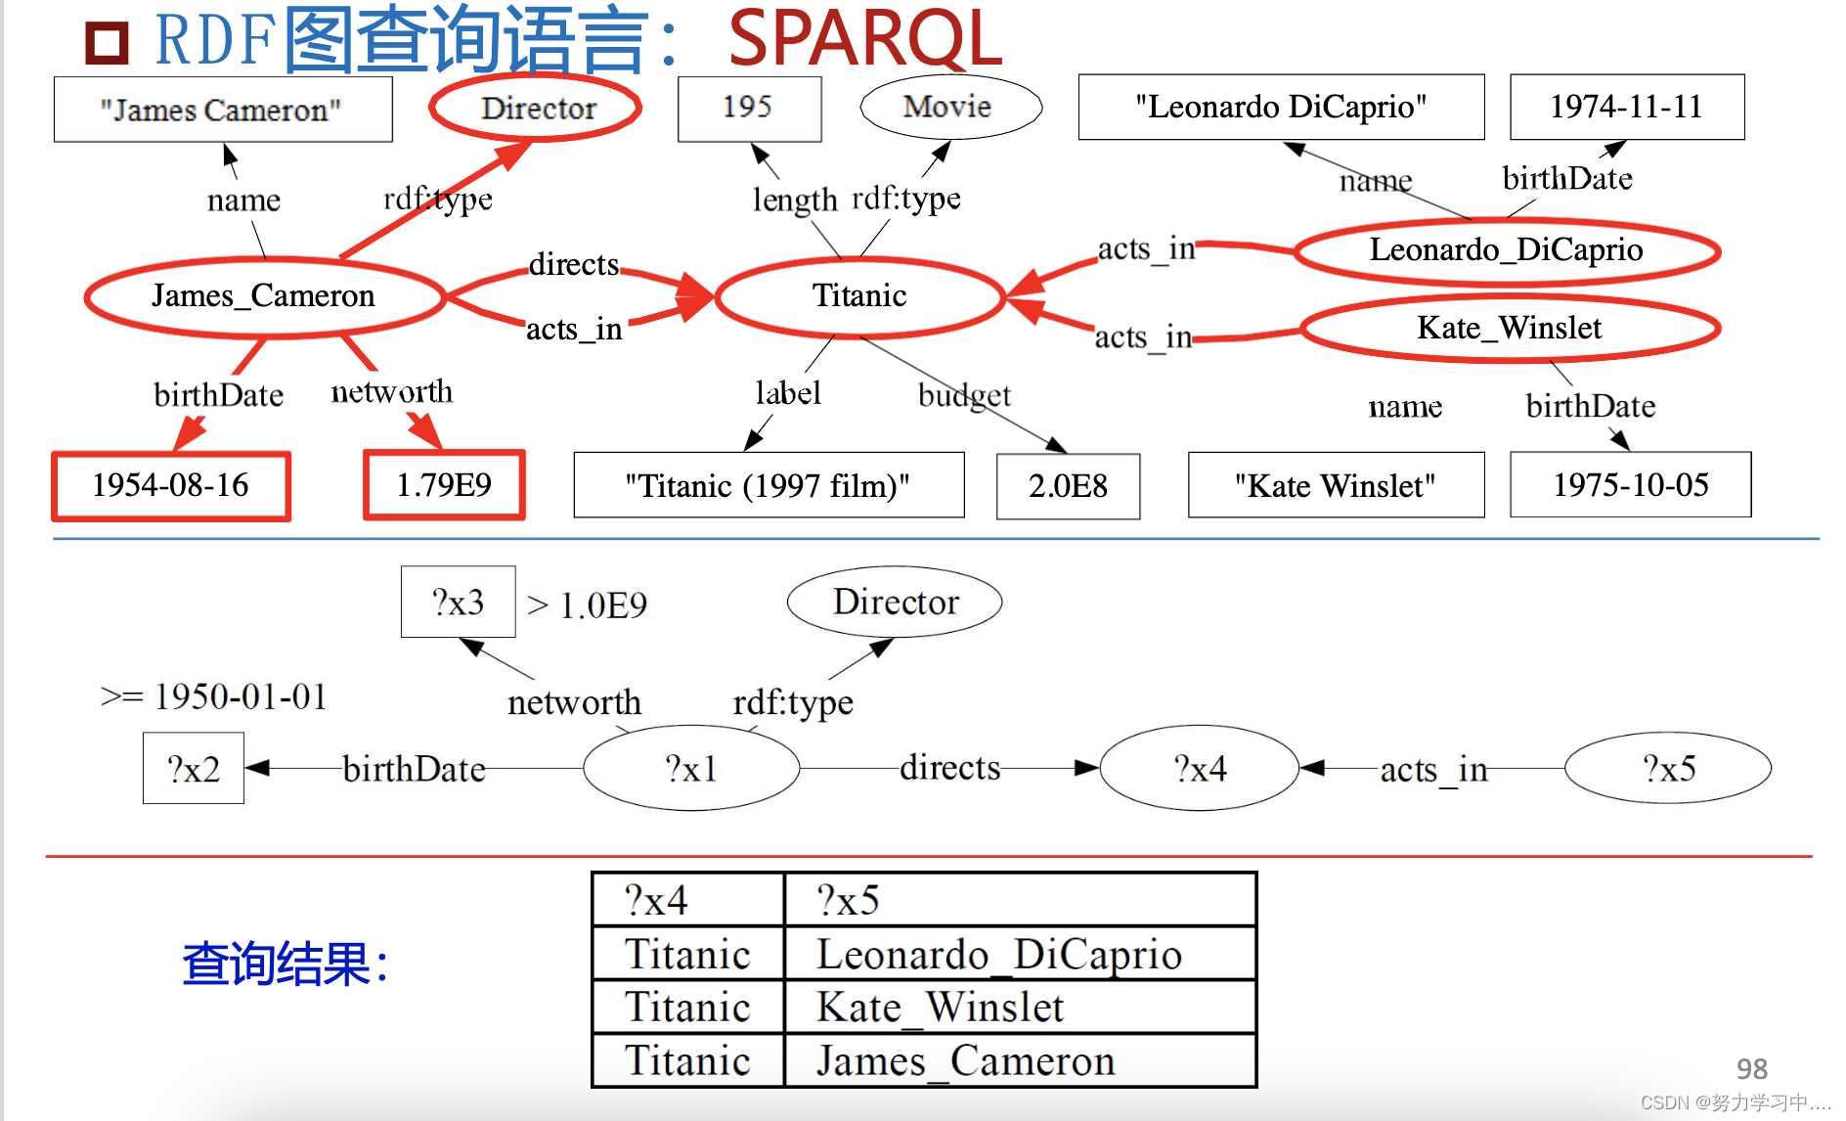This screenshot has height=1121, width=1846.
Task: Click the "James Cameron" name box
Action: pos(223,110)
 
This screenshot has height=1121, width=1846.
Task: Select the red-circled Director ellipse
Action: pos(537,108)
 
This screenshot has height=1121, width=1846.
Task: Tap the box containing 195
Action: pos(749,107)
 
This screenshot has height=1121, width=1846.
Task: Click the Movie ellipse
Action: pos(949,107)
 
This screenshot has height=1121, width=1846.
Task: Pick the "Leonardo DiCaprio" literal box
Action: pos(1281,107)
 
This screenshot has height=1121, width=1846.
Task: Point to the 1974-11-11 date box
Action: pos(1626,107)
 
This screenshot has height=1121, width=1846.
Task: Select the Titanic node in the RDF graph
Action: pos(859,295)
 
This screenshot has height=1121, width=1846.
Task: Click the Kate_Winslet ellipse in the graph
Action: pos(1510,328)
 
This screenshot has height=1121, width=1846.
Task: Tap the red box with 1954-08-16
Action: pos(171,485)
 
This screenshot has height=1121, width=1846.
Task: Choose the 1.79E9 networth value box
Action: pos(444,485)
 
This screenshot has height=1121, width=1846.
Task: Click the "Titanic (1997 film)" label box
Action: pos(769,485)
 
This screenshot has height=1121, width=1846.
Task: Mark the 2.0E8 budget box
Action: pos(1068,486)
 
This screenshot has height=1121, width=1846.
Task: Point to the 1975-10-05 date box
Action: pos(1630,485)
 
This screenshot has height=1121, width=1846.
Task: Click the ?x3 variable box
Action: pos(458,603)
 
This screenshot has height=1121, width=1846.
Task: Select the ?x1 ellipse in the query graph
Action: pos(691,769)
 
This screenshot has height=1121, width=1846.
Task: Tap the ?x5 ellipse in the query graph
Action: pos(1668,769)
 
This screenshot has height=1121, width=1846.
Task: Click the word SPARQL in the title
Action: pos(865,39)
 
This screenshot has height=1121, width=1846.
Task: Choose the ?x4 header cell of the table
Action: pos(687,900)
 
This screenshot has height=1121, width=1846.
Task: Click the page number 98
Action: pos(1751,1068)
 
